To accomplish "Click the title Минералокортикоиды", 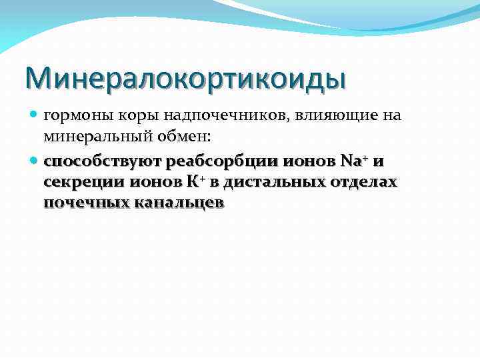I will click(185, 78).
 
